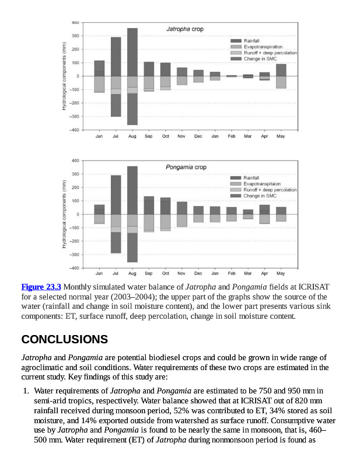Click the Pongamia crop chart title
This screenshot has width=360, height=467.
[186, 167]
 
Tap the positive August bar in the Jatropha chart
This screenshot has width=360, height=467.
[132, 52]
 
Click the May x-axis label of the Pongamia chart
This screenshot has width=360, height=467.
[281, 273]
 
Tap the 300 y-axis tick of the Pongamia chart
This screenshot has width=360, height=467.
[75, 173]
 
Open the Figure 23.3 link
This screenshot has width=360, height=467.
[41, 287]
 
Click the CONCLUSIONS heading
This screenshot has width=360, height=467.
[64, 339]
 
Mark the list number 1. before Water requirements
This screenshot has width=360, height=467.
[26, 390]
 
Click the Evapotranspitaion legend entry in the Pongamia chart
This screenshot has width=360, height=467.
[263, 184]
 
